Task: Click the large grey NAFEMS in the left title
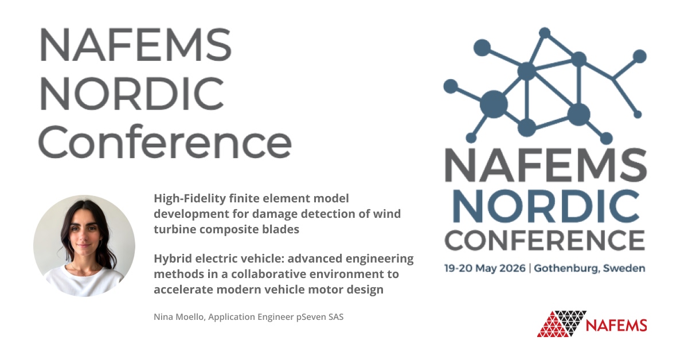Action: pyautogui.click(x=135, y=44)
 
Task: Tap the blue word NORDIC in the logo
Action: pyautogui.click(x=546, y=206)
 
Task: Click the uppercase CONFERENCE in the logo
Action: pyautogui.click(x=545, y=240)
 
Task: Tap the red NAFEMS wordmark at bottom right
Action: pyautogui.click(x=616, y=325)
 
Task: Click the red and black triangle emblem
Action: pyautogui.click(x=561, y=324)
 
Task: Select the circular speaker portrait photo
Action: pyautogui.click(x=84, y=245)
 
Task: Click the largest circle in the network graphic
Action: pyautogui.click(x=494, y=103)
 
